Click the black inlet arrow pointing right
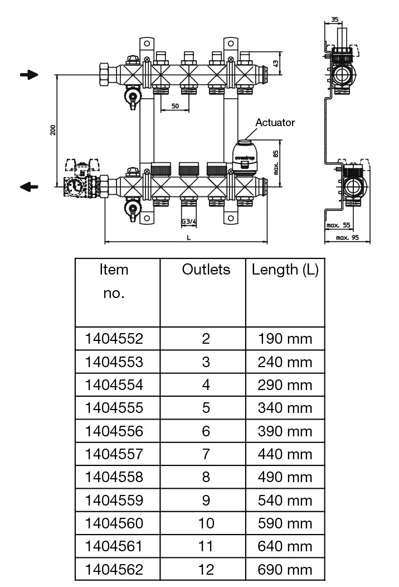(29, 75)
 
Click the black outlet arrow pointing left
(29, 187)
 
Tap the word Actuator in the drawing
(275, 122)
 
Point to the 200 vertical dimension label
(52, 129)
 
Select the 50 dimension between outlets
(175, 106)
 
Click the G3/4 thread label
(189, 222)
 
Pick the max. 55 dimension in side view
(339, 226)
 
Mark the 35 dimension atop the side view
(334, 20)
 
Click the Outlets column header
(206, 270)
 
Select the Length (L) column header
(285, 270)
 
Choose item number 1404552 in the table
(114, 339)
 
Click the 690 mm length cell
(285, 570)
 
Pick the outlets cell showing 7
(206, 454)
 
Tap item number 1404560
(114, 523)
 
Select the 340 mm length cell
(285, 408)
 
